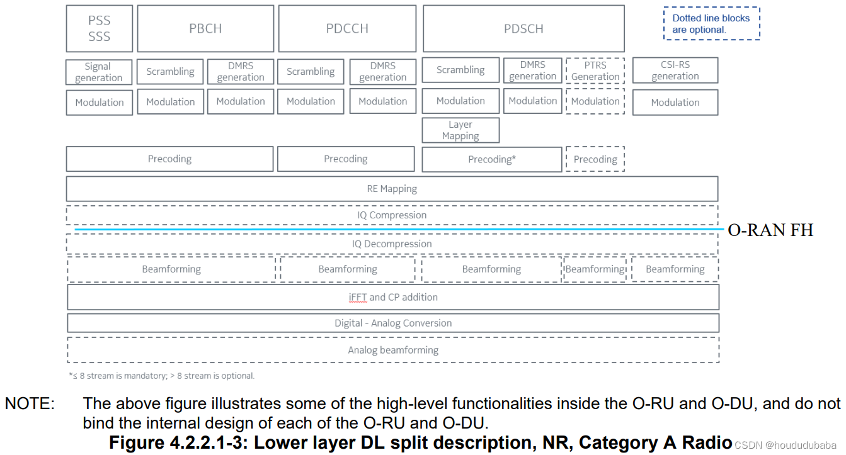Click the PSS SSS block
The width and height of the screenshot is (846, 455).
coord(100,29)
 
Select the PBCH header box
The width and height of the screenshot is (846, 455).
coord(205,29)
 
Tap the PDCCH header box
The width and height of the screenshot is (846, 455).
coord(347,29)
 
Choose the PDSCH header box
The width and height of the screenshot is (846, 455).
coord(523,29)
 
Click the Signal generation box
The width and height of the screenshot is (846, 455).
coord(99,72)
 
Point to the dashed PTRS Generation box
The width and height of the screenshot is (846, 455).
coord(595,71)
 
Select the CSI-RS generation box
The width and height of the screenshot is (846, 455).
coord(675,70)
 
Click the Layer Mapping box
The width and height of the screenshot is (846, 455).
coord(460,130)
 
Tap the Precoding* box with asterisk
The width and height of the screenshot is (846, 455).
coord(492,159)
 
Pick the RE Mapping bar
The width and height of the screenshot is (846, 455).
coord(392,188)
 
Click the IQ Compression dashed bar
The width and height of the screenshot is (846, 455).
coord(392,215)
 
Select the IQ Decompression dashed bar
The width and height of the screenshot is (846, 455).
coord(392,244)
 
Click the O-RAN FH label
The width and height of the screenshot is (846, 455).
coord(770,230)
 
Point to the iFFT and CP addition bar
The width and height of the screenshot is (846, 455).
coord(393,297)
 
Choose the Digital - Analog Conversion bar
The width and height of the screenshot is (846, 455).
coord(393,323)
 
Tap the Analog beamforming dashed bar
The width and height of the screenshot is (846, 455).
coord(393,350)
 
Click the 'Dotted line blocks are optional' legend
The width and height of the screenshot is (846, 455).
coord(711,24)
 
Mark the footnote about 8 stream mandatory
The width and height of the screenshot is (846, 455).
coord(161,376)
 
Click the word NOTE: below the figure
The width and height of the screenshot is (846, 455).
coord(30,403)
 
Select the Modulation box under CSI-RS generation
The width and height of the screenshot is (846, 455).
coord(675,103)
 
